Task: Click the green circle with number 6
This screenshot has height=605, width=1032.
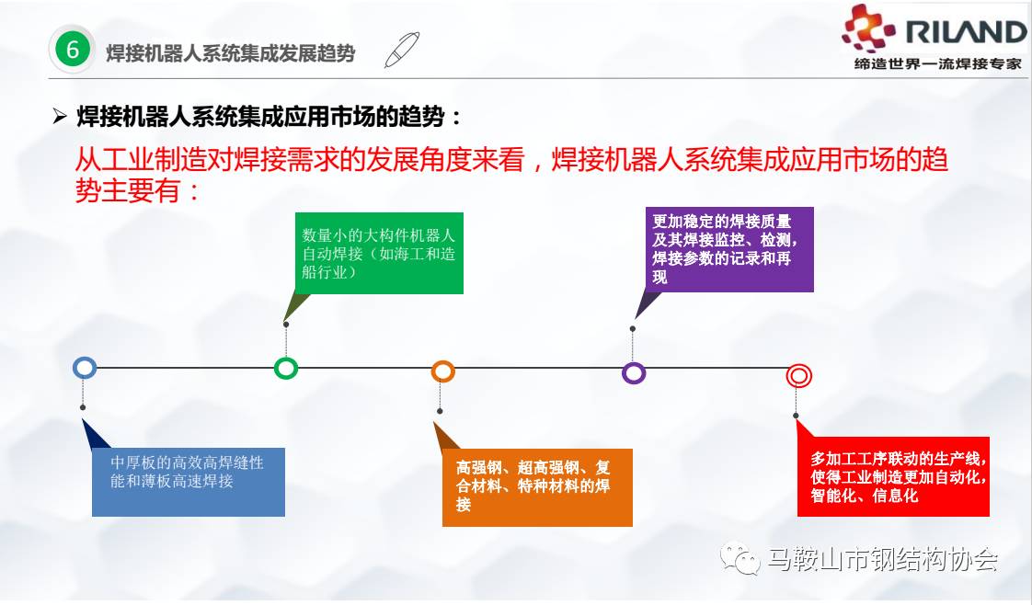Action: pos(72,49)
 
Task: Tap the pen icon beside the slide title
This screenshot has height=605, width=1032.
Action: pos(401,50)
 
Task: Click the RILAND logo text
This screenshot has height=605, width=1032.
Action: pos(966,31)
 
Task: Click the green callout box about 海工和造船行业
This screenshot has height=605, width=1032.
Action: pos(379,253)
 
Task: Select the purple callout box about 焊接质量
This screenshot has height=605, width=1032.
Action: pos(729,249)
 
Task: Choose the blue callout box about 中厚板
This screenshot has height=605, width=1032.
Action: pos(189,482)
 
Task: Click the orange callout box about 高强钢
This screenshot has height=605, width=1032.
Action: pos(537,487)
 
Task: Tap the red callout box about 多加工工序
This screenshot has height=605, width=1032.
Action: pos(893,477)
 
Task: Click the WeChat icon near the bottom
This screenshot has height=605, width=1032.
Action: pos(740,558)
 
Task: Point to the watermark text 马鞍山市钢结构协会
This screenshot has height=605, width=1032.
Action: pos(883,560)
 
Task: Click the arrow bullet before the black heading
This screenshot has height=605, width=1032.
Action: pos(60,117)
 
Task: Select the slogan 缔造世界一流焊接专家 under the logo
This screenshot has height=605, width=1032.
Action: pos(938,63)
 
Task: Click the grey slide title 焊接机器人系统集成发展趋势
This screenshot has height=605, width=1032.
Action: pos(230,53)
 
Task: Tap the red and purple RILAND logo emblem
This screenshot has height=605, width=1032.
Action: pos(868,29)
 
